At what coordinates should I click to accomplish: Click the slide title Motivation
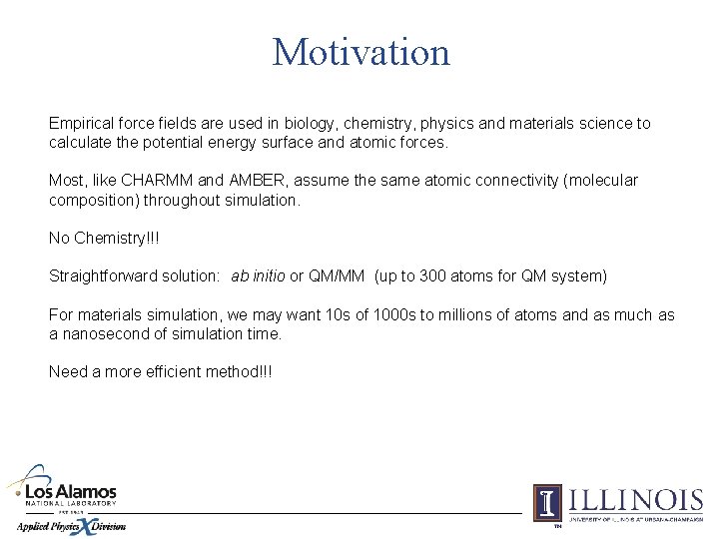pos(360,52)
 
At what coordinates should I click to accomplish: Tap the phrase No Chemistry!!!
pos(104,239)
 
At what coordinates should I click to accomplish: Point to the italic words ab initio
pos(259,276)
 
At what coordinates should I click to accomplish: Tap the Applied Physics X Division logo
pos(70,525)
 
